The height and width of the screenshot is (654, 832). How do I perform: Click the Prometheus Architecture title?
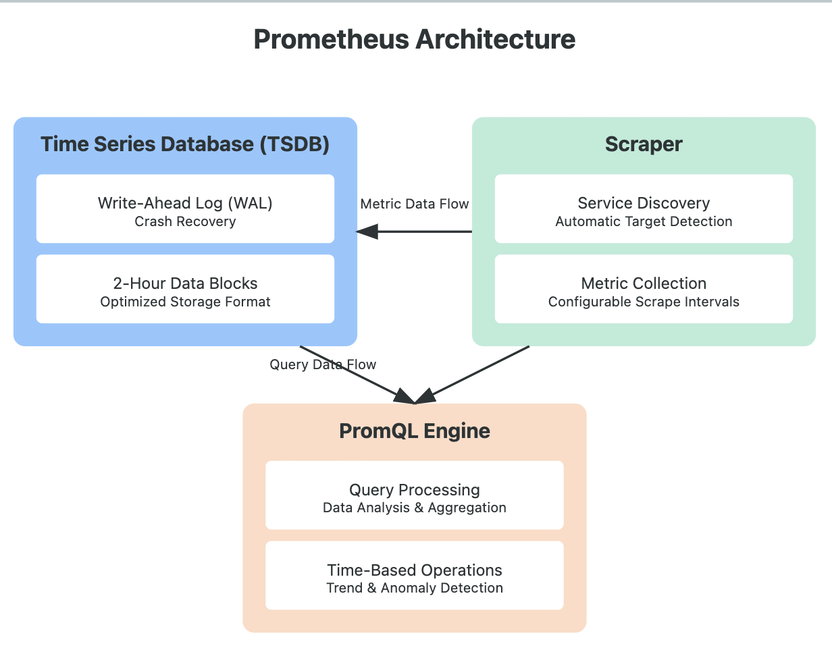[415, 40]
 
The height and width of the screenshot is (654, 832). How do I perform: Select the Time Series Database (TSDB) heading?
[185, 144]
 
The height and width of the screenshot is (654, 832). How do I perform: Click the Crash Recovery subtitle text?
[185, 222]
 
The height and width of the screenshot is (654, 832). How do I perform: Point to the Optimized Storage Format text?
[185, 302]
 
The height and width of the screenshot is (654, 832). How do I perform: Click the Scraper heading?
[644, 144]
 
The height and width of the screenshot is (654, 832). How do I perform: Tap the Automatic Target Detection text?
[644, 222]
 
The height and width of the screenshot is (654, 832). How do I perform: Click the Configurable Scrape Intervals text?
[644, 302]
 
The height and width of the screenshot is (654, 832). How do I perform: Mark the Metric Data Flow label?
[415, 204]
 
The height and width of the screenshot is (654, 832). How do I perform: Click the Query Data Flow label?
[323, 364]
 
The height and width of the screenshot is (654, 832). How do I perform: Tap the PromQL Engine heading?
[415, 431]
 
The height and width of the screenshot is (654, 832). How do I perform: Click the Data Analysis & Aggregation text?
[415, 508]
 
